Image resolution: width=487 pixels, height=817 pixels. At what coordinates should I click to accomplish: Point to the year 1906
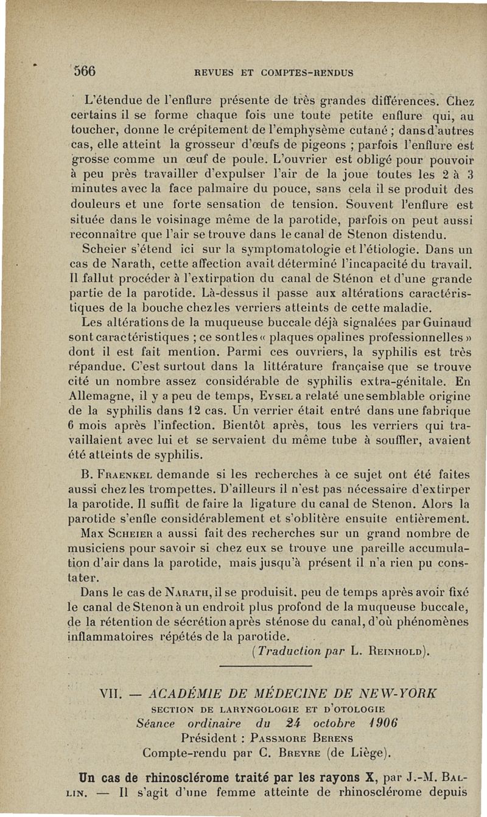(383, 723)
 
